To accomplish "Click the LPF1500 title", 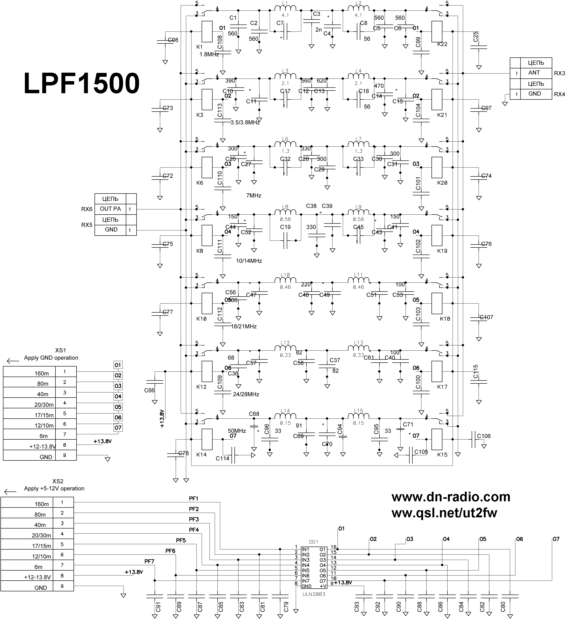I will click(x=82, y=83).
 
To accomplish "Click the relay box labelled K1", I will click(x=207, y=32).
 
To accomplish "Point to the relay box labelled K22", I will click(x=437, y=32).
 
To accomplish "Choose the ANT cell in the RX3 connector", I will click(x=534, y=73).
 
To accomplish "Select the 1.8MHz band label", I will click(x=209, y=54).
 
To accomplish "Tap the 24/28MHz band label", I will click(x=246, y=394).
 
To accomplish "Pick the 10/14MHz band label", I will click(x=249, y=261).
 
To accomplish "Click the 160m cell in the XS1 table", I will click(x=42, y=373).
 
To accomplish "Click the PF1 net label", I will click(x=194, y=499).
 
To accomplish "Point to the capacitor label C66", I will click(x=149, y=390).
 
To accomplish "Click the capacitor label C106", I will click(x=484, y=436).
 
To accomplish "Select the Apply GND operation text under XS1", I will click(x=51, y=358).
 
